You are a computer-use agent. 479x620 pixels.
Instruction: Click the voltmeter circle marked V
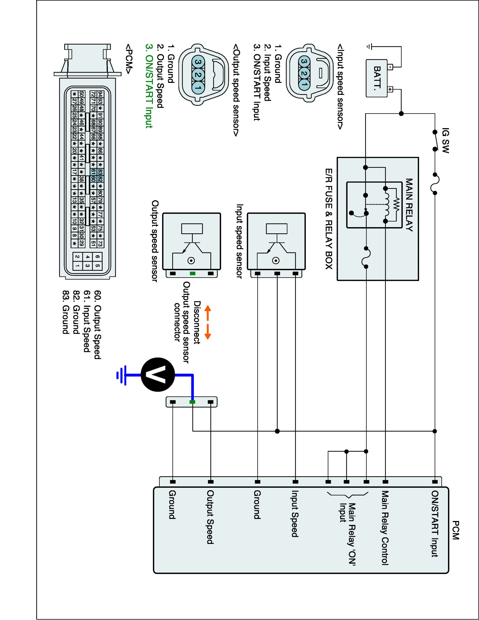click(x=158, y=375)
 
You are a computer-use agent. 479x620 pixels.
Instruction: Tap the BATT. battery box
click(x=377, y=78)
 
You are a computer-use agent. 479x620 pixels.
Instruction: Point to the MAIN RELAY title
click(x=409, y=205)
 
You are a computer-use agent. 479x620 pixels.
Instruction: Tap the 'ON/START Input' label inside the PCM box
click(x=435, y=523)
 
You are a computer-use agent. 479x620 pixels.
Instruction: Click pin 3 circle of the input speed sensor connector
click(x=304, y=62)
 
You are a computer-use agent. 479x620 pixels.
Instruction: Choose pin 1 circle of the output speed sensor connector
click(x=198, y=87)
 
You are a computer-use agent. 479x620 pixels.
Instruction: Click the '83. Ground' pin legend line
click(x=66, y=312)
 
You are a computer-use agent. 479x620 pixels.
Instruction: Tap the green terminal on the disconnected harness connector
click(x=192, y=402)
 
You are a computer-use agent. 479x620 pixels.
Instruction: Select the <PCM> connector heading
click(x=129, y=59)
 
